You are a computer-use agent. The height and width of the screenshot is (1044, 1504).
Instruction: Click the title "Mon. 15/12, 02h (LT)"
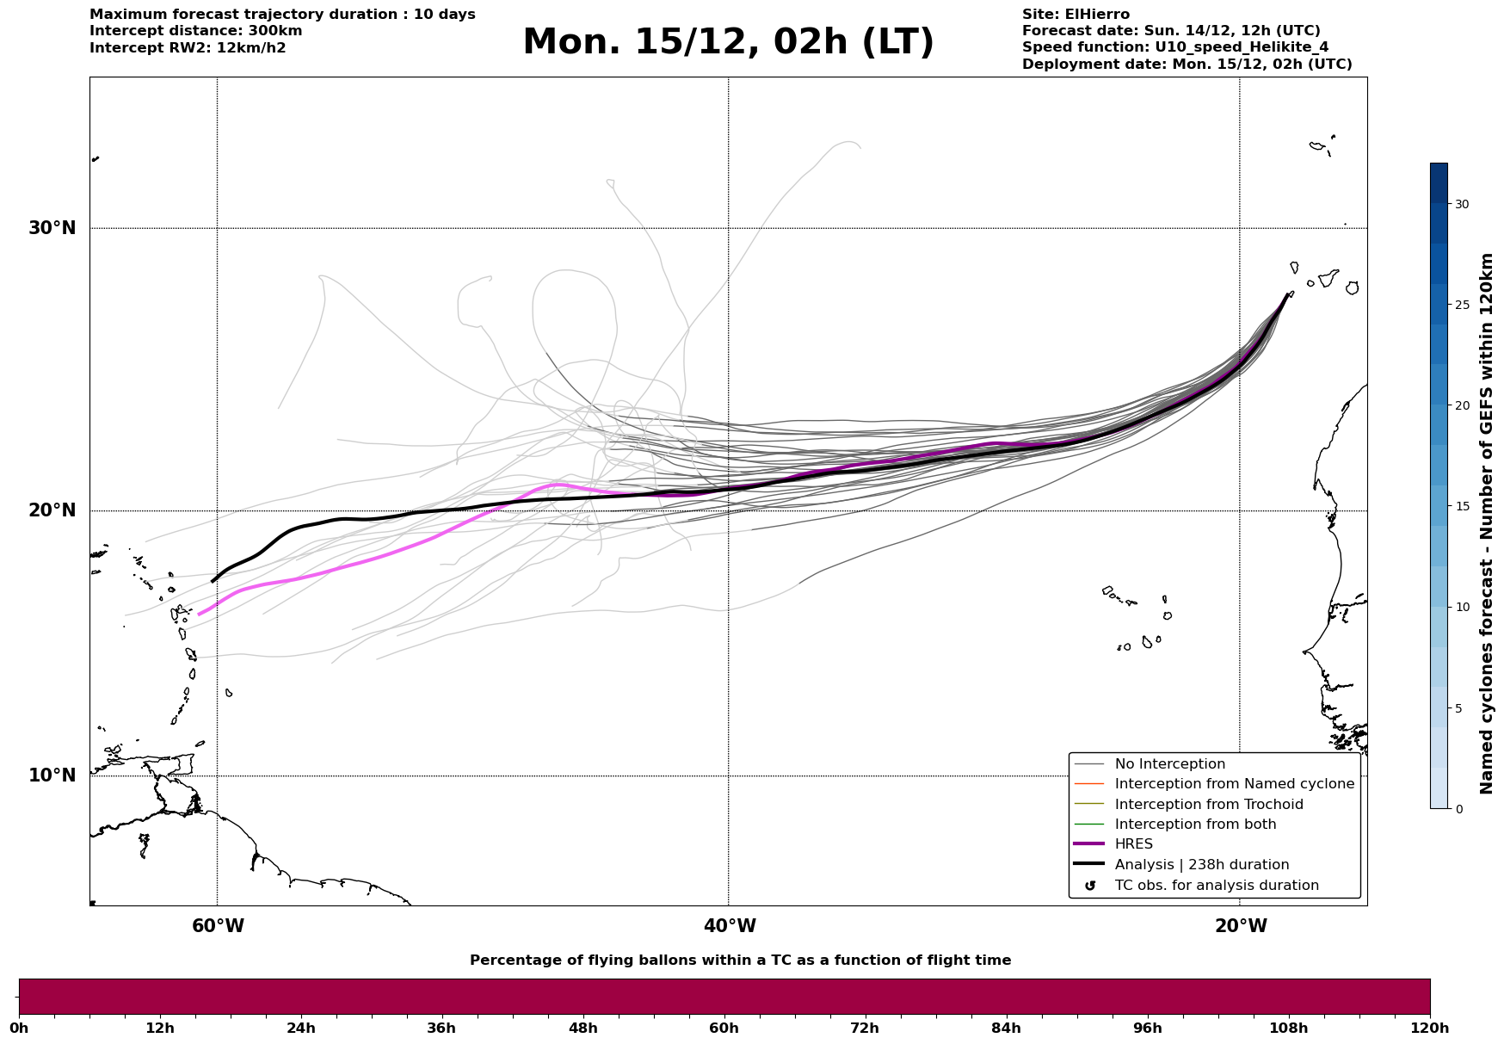pos(728,42)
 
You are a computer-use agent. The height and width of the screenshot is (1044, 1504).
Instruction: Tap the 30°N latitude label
pos(52,228)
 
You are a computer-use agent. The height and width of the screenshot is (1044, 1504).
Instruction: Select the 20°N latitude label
pos(52,510)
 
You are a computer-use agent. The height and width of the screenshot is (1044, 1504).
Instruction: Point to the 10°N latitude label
pos(52,775)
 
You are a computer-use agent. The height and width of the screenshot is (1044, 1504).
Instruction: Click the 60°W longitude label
pos(218,926)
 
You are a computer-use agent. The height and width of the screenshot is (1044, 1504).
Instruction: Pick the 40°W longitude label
pos(730,926)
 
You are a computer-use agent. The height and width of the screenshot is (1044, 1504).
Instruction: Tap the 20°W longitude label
pos(1241,926)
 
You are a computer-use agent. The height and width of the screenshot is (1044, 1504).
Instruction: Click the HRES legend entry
pos(1133,844)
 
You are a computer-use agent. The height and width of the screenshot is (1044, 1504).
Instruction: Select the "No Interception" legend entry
pos(1169,764)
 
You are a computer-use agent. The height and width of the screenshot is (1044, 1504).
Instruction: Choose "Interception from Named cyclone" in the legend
pos(1234,784)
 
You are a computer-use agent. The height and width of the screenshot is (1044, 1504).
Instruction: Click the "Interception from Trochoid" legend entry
pos(1208,805)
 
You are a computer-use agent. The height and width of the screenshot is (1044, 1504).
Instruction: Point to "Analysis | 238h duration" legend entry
pos(1201,865)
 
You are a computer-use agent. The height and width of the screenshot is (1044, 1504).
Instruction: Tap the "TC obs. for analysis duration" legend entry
pos(1216,886)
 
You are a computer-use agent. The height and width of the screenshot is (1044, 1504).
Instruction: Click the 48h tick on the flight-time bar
pos(582,1028)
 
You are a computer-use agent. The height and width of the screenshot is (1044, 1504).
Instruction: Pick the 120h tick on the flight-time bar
pos(1430,1028)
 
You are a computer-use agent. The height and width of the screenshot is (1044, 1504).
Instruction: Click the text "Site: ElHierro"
pos(1076,15)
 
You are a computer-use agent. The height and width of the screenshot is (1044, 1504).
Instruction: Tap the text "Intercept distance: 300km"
pos(195,31)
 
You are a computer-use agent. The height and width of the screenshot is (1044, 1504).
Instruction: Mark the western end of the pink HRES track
pos(200,614)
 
